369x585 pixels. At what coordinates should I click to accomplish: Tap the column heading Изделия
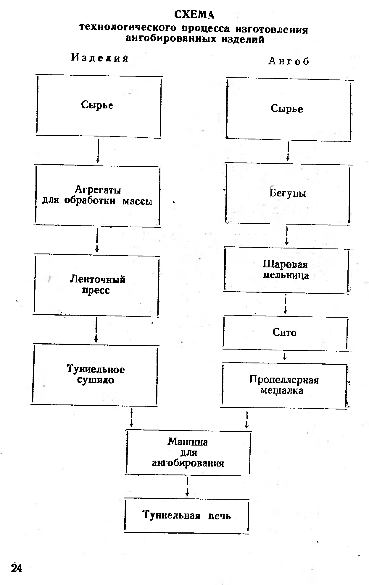(100, 58)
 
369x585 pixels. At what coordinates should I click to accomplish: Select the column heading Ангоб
(289, 61)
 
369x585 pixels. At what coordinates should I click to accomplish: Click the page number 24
(17, 568)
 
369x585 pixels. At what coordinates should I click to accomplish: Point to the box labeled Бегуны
(287, 194)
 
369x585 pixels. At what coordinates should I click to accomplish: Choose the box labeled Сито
(285, 333)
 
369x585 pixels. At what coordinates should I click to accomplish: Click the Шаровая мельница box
(286, 270)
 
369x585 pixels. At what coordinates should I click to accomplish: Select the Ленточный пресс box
(97, 285)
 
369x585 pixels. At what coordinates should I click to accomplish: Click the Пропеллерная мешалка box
(284, 385)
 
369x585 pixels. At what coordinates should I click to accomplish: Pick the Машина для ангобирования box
(188, 452)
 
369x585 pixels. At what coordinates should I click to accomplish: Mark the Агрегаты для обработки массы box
(97, 195)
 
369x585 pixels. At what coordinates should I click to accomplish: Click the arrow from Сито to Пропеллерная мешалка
(285, 356)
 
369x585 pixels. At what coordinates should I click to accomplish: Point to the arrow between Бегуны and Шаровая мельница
(286, 236)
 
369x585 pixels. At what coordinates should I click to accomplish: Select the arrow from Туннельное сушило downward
(131, 417)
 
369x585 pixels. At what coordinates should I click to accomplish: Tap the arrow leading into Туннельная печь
(187, 487)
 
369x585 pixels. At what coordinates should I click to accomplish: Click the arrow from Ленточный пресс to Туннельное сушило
(96, 329)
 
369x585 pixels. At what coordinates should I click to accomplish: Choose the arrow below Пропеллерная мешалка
(246, 419)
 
